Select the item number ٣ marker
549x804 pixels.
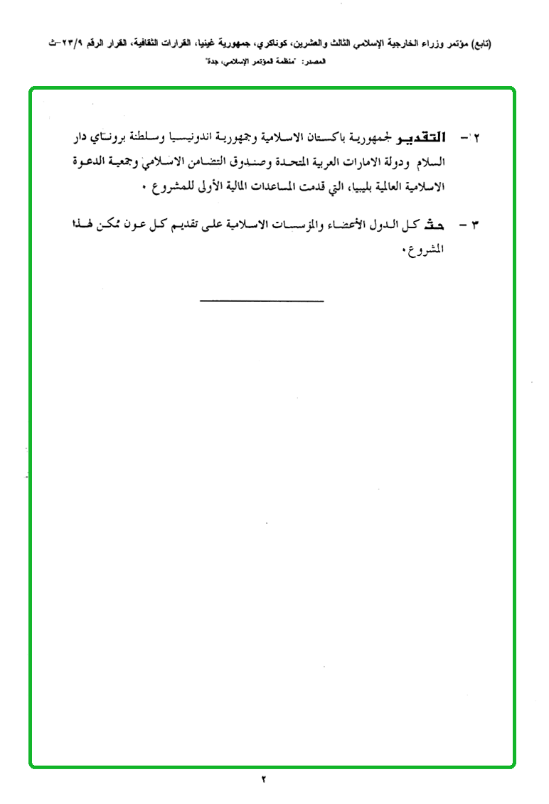point(475,225)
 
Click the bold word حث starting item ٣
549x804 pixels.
point(434,225)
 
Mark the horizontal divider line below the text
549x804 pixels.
point(261,301)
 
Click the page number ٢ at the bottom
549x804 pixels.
point(262,779)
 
